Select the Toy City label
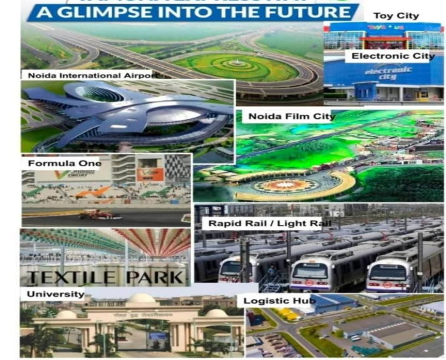coord(396,16)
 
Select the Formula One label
coord(64,163)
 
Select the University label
coord(55,294)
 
